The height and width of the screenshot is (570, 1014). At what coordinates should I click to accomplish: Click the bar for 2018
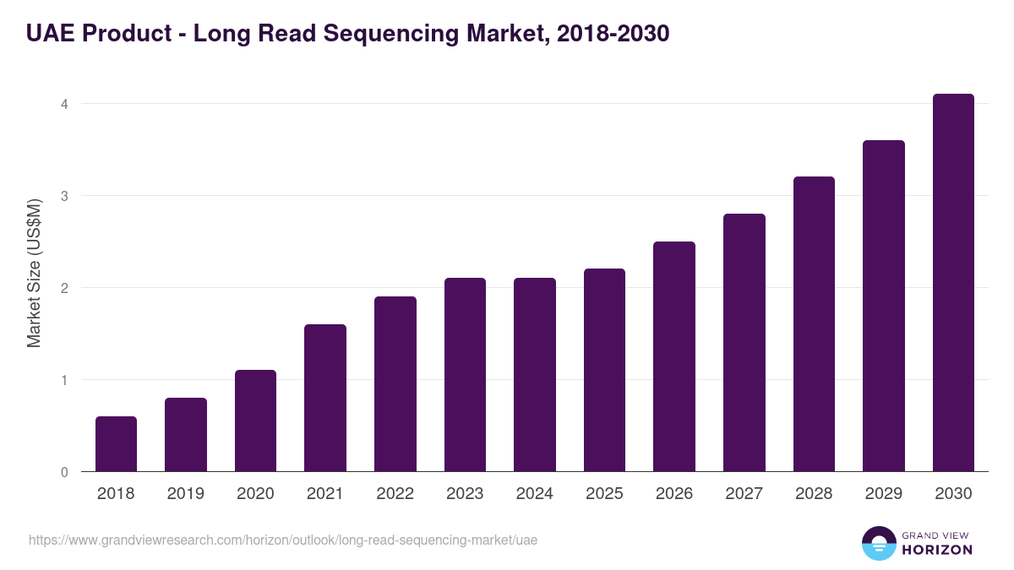pos(116,444)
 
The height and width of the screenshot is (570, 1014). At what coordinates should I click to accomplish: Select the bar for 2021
pos(325,398)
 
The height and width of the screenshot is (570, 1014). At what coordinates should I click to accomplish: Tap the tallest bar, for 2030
pos(953,283)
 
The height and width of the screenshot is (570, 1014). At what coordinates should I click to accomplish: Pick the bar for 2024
pos(535,375)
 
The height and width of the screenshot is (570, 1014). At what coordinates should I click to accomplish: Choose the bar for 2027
pos(744,343)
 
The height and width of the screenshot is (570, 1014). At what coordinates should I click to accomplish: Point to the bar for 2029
pos(884,306)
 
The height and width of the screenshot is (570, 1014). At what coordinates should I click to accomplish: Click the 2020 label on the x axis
pos(255,494)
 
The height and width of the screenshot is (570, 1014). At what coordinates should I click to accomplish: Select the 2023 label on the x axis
pos(465,494)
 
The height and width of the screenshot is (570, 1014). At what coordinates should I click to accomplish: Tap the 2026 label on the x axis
pos(674,494)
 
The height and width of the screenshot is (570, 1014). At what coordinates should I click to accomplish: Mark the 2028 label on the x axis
pos(814,494)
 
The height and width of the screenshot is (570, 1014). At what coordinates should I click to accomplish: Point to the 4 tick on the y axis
pos(63,104)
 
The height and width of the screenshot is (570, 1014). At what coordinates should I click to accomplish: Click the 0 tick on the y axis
pos(63,472)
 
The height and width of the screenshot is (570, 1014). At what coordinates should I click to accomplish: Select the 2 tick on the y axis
pos(63,288)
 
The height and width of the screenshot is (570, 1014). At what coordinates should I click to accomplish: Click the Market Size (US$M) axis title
pos(34,273)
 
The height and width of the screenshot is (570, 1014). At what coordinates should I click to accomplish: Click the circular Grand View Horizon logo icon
pos(878,543)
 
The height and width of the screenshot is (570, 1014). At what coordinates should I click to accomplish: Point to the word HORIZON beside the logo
pos(937,550)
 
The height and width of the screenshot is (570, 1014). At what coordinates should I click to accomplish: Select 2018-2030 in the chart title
pos(613,34)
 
